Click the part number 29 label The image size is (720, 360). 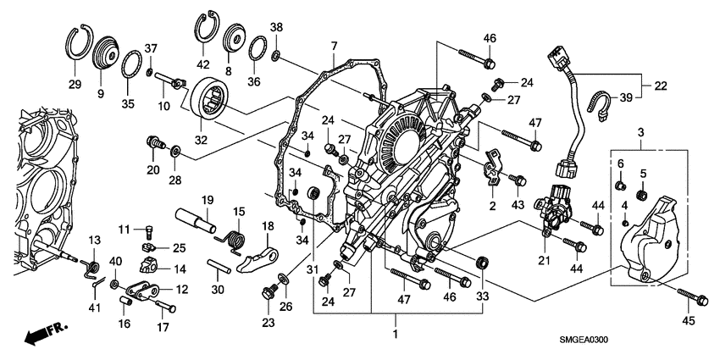pos(75,85)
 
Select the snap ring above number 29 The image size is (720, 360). pos(79,40)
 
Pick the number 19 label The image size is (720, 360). pos(205,199)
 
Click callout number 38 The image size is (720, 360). pos(275,27)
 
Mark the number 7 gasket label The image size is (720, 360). pos(334,45)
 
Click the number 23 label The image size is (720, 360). pos(268,322)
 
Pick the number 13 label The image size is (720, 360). pos(94,240)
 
